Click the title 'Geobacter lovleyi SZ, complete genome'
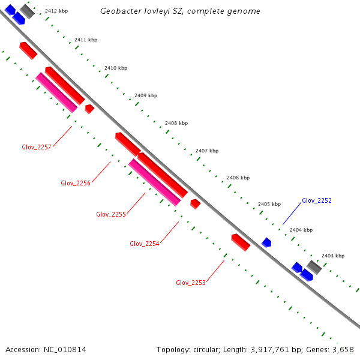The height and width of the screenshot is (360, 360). click(x=180, y=11)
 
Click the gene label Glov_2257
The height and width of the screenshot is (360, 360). click(x=37, y=147)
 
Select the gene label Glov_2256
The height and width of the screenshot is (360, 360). click(x=76, y=183)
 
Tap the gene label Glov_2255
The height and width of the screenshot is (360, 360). click(x=111, y=214)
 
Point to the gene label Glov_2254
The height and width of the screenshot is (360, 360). click(x=145, y=244)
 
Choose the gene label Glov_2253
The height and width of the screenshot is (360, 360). click(x=191, y=283)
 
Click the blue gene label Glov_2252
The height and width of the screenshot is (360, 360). click(x=317, y=200)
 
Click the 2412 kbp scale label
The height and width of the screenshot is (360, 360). click(x=56, y=11)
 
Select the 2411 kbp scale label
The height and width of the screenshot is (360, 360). click(x=86, y=40)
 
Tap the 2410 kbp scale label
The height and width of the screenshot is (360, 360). click(x=116, y=68)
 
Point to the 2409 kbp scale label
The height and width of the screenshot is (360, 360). click(x=146, y=95)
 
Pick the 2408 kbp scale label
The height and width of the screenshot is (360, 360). click(x=176, y=123)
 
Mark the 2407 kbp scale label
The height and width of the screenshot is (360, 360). click(x=207, y=151)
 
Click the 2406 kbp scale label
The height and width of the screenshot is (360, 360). click(x=238, y=178)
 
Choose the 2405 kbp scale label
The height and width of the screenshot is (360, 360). click(x=269, y=204)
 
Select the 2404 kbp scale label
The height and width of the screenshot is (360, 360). click(x=301, y=230)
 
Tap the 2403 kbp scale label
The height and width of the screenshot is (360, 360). click(x=333, y=256)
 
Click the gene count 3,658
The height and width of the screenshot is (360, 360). click(x=342, y=349)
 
